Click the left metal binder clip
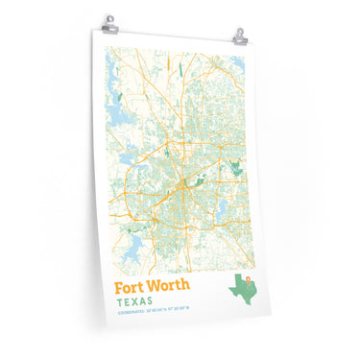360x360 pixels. (111, 21)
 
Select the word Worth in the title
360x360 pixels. (170, 286)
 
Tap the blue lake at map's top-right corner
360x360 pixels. (237, 64)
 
